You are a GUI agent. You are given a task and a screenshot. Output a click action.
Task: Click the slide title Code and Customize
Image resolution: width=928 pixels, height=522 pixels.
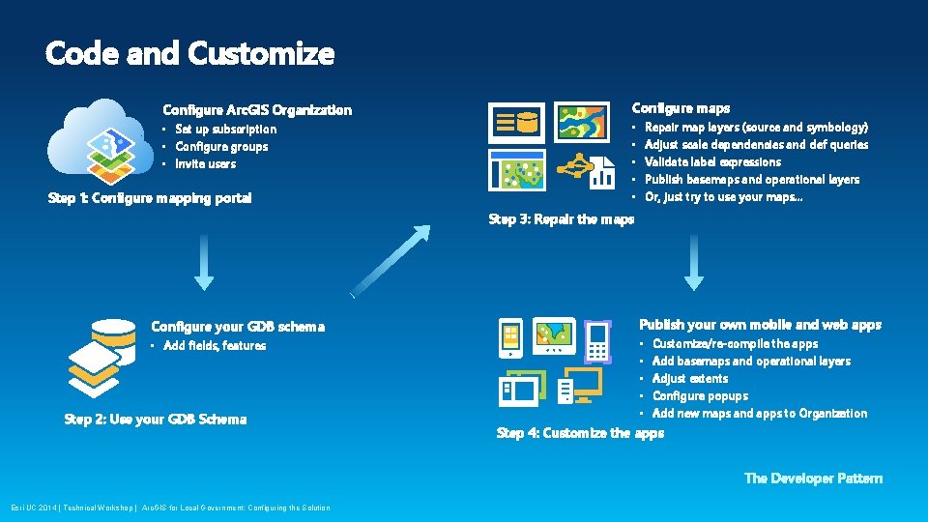189,53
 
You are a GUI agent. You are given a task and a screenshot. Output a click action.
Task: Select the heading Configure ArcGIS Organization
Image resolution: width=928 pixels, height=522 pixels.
257,110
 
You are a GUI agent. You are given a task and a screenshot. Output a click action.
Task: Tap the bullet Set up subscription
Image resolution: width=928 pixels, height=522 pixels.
225,130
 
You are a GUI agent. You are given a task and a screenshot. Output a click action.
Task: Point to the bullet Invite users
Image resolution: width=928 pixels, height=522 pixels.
205,164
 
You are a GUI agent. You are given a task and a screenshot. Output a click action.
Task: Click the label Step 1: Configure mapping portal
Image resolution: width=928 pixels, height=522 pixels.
150,198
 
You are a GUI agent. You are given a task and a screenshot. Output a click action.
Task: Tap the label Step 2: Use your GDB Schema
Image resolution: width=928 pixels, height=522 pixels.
155,420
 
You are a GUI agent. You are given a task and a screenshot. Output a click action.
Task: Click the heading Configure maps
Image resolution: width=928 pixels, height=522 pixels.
681,108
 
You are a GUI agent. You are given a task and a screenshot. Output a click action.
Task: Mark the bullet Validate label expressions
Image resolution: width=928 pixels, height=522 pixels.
712,162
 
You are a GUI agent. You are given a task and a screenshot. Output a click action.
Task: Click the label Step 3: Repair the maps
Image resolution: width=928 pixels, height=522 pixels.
562,219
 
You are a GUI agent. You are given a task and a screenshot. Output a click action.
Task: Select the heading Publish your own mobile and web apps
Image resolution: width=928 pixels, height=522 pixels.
760,325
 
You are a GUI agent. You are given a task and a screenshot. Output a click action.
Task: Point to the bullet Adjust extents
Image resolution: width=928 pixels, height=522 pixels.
690,379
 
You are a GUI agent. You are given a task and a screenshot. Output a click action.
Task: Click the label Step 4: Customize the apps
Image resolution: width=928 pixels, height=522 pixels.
580,433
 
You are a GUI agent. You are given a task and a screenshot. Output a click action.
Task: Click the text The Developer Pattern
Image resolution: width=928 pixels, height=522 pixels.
813,478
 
